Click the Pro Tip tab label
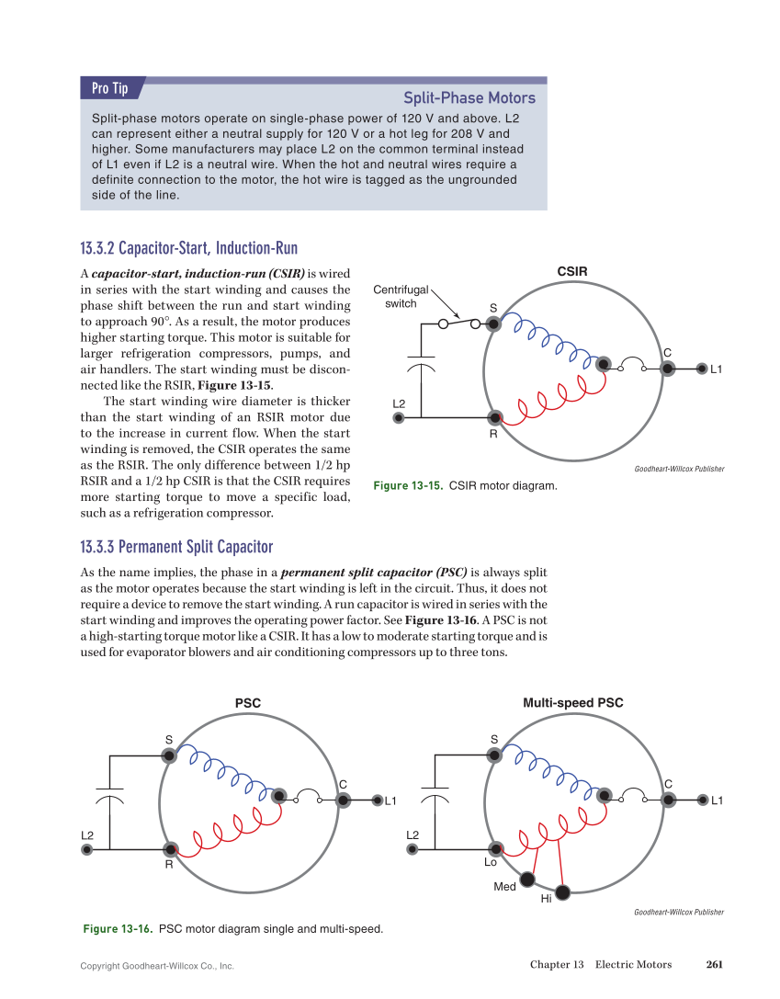click(109, 88)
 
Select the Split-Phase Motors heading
click(469, 98)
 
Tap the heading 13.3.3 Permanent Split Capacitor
click(176, 548)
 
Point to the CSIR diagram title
click(572, 271)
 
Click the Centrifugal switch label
click(401, 297)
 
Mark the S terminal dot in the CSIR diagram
click(494, 324)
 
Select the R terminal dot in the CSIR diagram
click(494, 418)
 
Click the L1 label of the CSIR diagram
click(718, 369)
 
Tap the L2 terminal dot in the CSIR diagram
click(399, 418)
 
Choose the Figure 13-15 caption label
click(408, 485)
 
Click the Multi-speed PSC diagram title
click(573, 703)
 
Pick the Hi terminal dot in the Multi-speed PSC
click(562, 891)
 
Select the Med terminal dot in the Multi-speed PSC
click(527, 880)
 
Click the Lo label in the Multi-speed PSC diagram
click(491, 863)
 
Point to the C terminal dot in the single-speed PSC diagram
click(344, 800)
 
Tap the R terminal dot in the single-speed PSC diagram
click(170, 849)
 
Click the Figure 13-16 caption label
click(118, 929)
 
